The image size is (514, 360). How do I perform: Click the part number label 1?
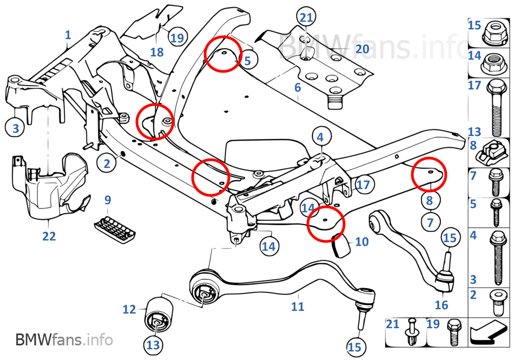click(68, 35)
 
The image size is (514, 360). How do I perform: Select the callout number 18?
click(156, 52)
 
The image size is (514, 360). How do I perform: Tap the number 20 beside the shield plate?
click(362, 49)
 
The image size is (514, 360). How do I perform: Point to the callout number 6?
click(298, 87)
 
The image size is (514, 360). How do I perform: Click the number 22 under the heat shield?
click(49, 236)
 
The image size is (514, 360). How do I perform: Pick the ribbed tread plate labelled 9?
click(114, 228)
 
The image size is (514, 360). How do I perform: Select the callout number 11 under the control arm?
click(298, 307)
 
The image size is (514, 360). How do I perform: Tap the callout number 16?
click(441, 305)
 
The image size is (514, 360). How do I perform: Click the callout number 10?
click(361, 241)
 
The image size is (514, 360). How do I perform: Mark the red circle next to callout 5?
click(222, 53)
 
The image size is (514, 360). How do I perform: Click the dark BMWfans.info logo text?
click(64, 340)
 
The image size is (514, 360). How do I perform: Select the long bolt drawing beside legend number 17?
click(496, 108)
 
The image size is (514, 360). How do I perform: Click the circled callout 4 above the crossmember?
click(320, 138)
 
